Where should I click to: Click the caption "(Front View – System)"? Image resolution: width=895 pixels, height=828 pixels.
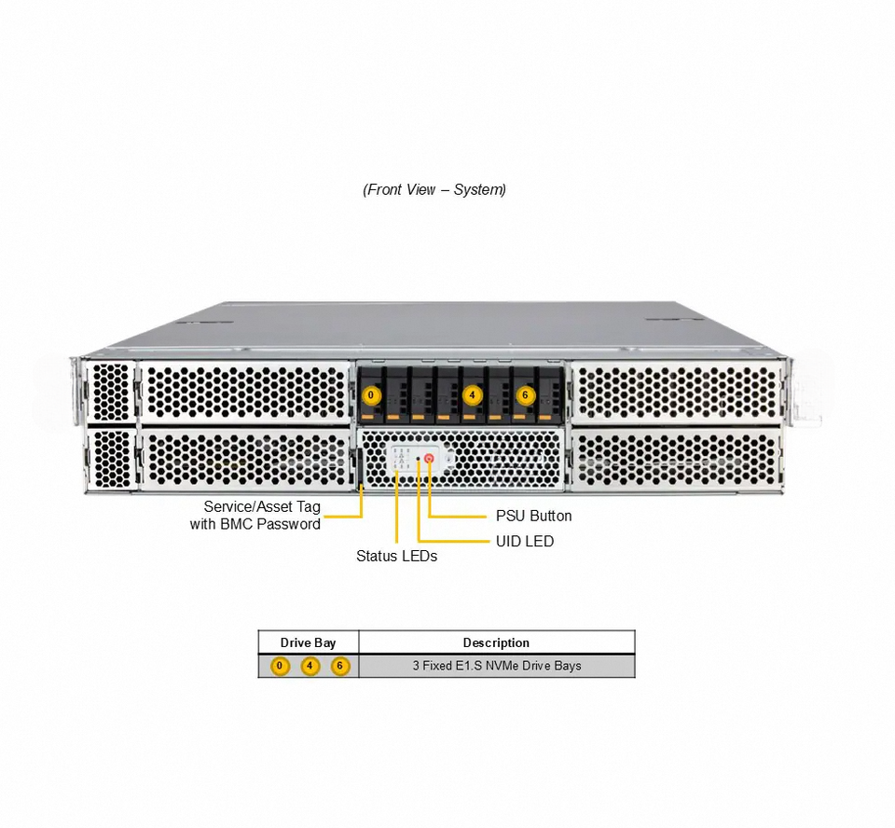tap(434, 189)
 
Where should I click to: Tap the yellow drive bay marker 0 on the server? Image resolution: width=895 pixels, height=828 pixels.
tap(371, 395)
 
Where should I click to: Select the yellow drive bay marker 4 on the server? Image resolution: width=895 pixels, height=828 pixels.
tap(473, 395)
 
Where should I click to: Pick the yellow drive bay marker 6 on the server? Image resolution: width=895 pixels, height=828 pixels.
tap(525, 395)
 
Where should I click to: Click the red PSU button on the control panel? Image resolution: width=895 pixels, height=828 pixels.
tap(429, 459)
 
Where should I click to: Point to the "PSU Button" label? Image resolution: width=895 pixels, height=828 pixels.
tap(533, 516)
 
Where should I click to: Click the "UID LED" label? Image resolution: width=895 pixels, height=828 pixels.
tap(524, 541)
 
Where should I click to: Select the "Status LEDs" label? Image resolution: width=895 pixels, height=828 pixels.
tap(396, 556)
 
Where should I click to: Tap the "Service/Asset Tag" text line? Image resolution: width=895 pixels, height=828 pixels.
tap(262, 507)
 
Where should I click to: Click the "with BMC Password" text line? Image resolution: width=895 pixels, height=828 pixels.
tap(255, 524)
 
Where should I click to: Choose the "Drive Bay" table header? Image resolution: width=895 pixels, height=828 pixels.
tap(308, 642)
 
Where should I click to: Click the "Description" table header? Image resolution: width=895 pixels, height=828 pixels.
tap(496, 642)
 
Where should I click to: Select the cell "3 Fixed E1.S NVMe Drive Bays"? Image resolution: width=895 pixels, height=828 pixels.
tap(497, 666)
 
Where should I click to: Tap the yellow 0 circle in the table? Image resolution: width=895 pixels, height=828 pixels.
tap(280, 666)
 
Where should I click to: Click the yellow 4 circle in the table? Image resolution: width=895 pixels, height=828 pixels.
tap(310, 666)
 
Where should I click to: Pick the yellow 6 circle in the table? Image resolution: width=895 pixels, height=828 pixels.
tap(340, 666)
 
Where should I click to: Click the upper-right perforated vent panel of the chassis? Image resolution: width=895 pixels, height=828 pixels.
tap(675, 391)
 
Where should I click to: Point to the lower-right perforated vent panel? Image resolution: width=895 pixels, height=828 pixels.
tap(675, 458)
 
